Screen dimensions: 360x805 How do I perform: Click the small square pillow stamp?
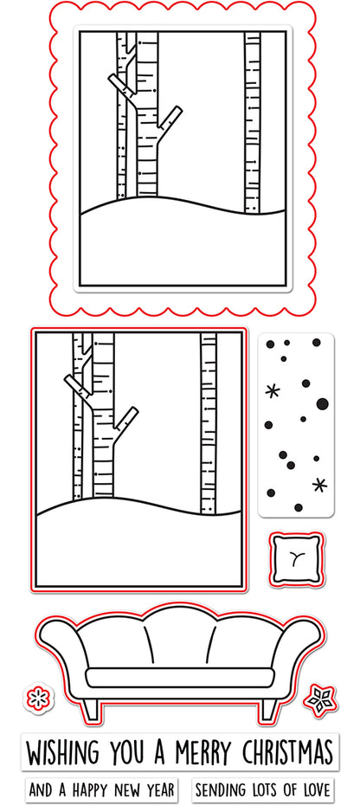tap(296, 559)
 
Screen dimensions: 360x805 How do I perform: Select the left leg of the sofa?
tap(91, 707)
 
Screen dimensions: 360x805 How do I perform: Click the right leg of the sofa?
tap(268, 707)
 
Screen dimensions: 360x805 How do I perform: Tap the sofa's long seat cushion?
tap(179, 677)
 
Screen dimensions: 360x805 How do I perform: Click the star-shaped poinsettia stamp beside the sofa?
tap(319, 699)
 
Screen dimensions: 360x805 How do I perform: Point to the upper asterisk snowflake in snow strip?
tap(273, 391)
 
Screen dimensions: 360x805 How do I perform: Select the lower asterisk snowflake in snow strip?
tap(320, 485)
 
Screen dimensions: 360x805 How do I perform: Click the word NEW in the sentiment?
tap(128, 789)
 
